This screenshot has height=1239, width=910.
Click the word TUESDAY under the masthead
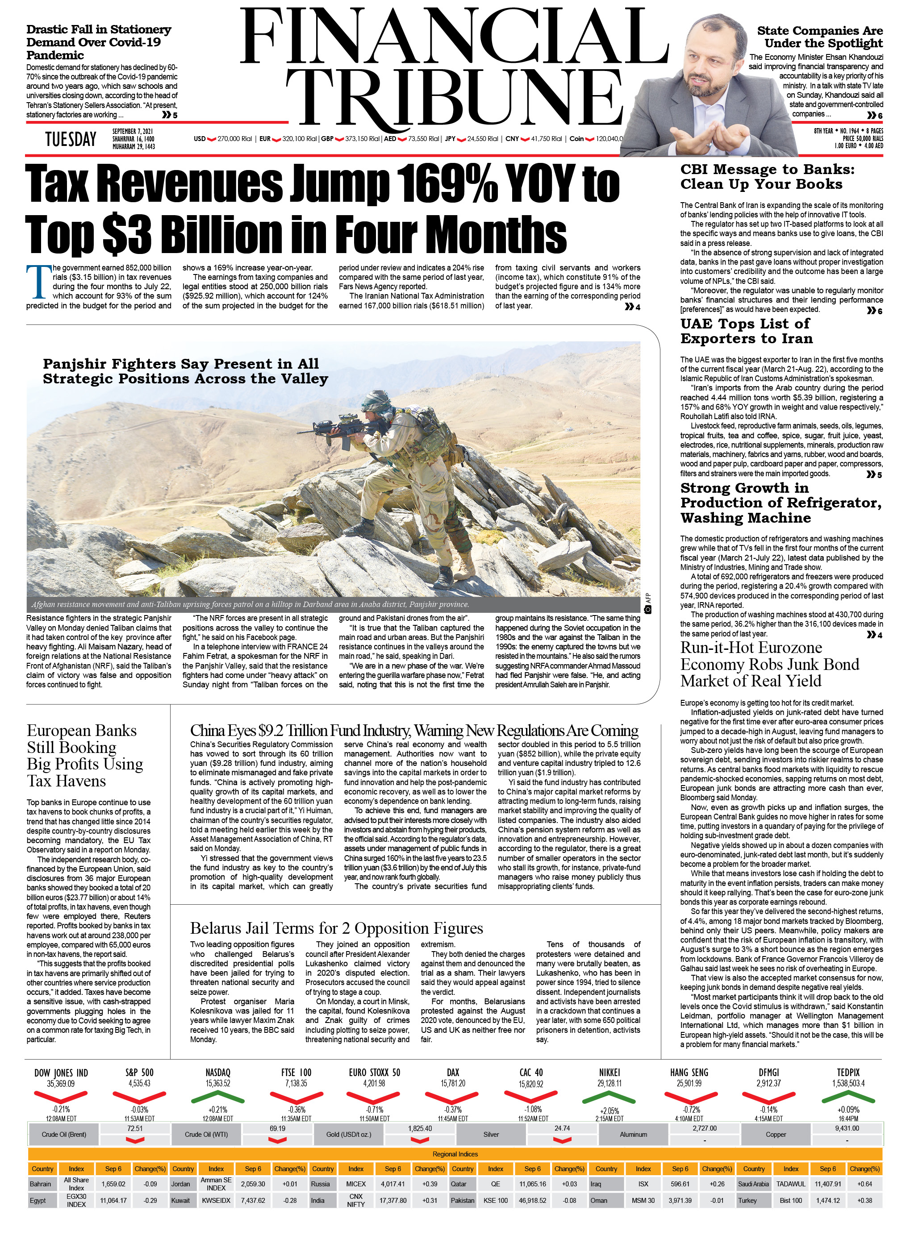(71, 139)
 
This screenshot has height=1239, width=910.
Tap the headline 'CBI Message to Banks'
(767, 176)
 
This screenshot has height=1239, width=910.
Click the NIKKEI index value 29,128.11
(609, 1083)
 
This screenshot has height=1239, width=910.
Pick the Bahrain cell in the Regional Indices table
(41, 1183)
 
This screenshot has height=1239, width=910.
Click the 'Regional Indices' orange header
(455, 1154)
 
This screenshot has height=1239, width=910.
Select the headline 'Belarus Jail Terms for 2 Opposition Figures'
(336, 928)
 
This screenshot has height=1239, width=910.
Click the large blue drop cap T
(38, 281)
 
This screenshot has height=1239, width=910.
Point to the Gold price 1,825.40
(420, 1128)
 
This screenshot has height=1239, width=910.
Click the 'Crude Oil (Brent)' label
(64, 1135)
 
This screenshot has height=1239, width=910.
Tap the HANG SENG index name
(689, 1072)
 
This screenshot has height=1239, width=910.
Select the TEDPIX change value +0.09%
(848, 1110)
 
